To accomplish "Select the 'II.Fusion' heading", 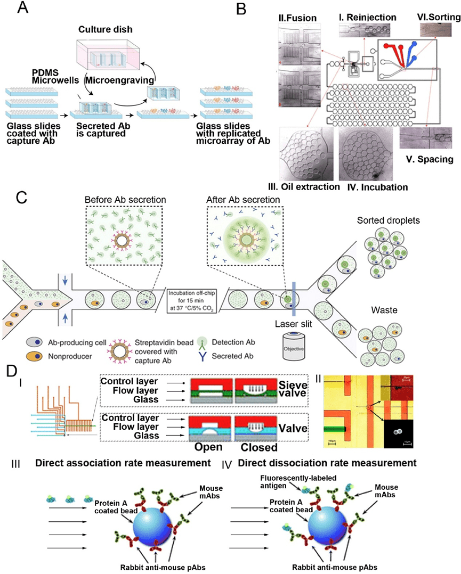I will [x=298, y=18].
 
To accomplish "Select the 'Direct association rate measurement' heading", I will [x=124, y=463].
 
